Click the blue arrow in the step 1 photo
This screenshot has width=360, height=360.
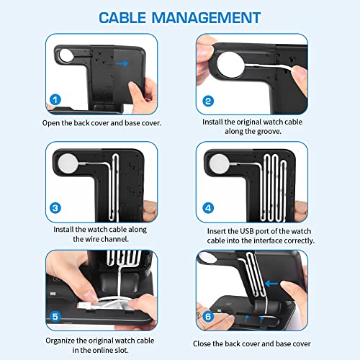coord(125,63)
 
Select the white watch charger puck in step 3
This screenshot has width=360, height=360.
coord(68,163)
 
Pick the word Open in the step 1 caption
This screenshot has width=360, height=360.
coord(53,123)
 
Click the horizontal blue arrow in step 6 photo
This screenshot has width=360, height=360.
coord(271,282)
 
